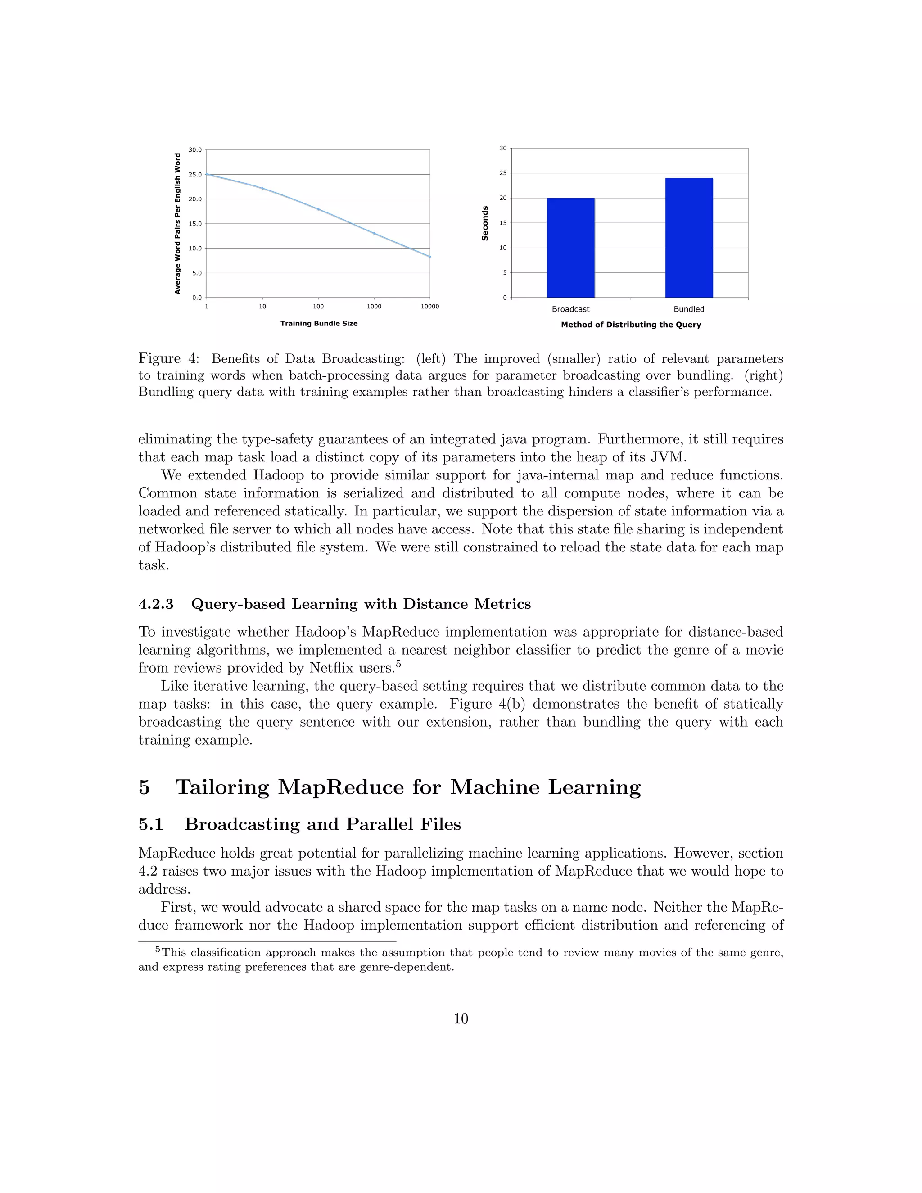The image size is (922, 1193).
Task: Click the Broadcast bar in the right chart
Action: point(570,248)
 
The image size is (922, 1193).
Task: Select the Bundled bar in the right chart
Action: point(689,238)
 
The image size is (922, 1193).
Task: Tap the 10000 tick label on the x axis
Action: point(429,307)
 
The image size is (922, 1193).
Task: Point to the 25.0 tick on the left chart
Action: point(195,174)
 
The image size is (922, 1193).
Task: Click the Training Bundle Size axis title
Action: point(319,323)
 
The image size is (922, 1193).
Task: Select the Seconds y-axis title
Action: point(484,223)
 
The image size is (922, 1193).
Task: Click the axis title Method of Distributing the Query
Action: point(631,325)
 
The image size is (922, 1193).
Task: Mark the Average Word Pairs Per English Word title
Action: point(177,223)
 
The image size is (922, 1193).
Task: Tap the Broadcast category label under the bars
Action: point(570,309)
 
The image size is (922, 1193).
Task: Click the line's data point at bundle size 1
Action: point(207,174)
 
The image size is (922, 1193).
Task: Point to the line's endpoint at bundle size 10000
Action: point(429,256)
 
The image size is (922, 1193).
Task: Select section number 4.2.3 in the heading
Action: point(156,604)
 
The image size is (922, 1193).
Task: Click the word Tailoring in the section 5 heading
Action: point(222,787)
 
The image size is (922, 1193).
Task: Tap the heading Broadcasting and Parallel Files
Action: point(322,824)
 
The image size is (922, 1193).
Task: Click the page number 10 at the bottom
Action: point(461,1019)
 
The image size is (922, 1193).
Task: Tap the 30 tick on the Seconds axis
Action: point(502,148)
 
